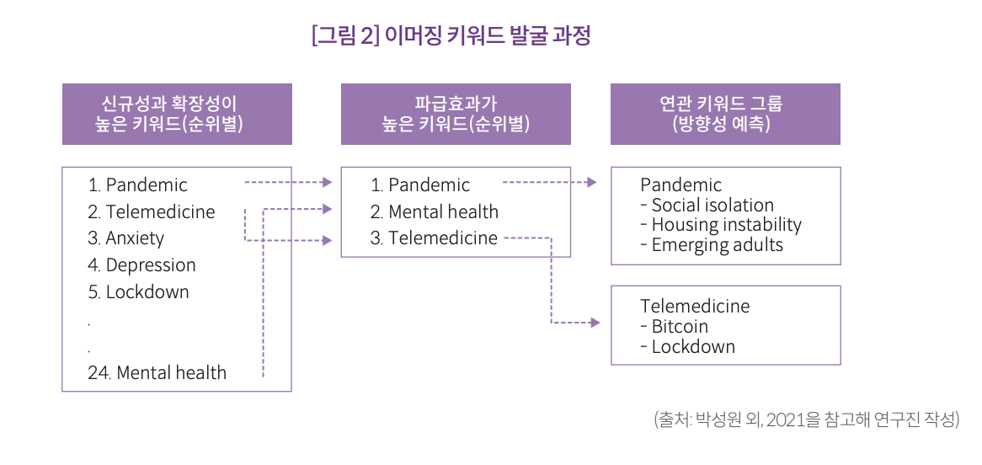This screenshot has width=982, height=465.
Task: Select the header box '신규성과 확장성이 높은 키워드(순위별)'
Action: click(177, 114)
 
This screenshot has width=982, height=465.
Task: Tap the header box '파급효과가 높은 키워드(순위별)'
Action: click(456, 114)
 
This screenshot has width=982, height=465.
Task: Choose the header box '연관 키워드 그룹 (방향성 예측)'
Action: click(724, 114)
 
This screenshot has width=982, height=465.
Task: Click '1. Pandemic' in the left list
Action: click(138, 185)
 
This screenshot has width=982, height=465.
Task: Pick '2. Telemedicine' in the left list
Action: click(152, 212)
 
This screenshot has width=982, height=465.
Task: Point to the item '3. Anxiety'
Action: click(126, 238)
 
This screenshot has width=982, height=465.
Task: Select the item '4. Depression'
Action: click(141, 265)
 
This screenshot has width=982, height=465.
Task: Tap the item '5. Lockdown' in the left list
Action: click(138, 292)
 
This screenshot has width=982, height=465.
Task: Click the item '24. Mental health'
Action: click(157, 372)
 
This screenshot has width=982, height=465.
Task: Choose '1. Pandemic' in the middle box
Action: click(420, 185)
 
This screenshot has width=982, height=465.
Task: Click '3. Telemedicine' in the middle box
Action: click(435, 238)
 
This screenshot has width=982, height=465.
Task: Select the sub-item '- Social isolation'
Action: click(707, 206)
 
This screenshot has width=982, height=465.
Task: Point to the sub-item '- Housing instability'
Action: click(721, 225)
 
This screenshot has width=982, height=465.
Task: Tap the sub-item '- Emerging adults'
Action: click(712, 245)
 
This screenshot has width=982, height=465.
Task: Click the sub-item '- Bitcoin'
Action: click(674, 327)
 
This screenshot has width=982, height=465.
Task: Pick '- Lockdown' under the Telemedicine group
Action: click(687, 347)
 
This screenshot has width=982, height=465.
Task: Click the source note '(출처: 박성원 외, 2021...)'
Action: click(806, 420)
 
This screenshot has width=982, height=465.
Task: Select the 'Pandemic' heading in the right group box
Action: click(680, 185)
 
